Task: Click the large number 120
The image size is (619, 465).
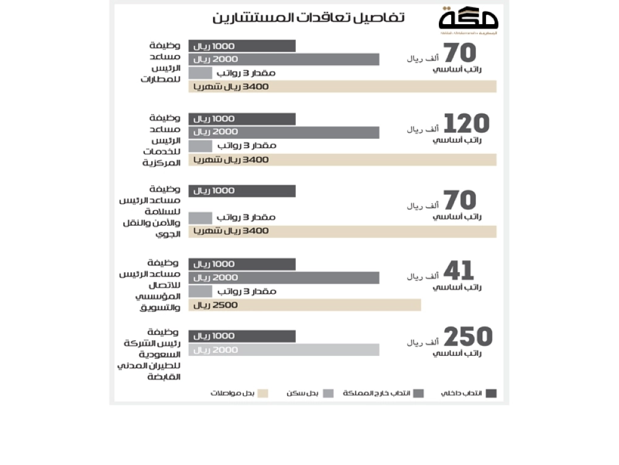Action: tap(467, 125)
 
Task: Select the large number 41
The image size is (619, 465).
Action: tap(459, 271)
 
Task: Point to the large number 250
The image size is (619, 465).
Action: tap(468, 337)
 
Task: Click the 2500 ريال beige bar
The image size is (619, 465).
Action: tap(305, 305)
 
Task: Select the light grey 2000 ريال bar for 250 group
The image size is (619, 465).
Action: tap(284, 350)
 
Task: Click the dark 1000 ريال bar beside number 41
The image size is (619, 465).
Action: tap(242, 264)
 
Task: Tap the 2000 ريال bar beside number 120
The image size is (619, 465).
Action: tap(284, 132)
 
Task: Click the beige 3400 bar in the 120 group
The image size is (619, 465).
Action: tap(342, 160)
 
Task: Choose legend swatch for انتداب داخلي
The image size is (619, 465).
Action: tap(491, 393)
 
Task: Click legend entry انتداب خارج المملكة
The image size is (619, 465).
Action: tap(384, 393)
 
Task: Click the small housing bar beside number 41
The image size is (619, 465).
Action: tap(200, 291)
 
